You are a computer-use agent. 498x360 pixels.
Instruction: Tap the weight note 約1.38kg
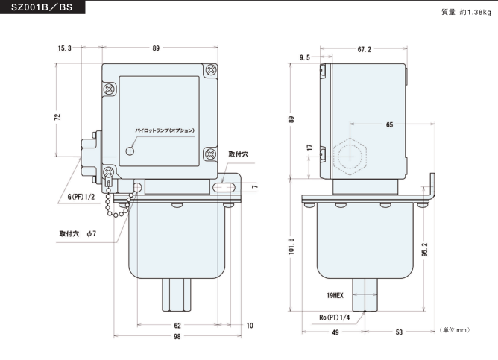pyautogui.click(x=467, y=13)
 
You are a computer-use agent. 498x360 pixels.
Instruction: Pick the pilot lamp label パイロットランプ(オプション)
pyautogui.click(x=164, y=130)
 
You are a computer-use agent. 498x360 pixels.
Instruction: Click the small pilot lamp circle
pyautogui.click(x=130, y=151)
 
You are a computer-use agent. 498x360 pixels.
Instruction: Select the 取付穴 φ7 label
pyautogui.click(x=78, y=233)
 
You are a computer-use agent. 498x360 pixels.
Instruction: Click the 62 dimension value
pyautogui.click(x=177, y=325)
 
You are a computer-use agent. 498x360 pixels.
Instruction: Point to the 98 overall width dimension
pyautogui.click(x=177, y=337)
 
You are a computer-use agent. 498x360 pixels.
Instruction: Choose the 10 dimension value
pyautogui.click(x=249, y=325)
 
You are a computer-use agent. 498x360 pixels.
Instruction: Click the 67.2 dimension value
pyautogui.click(x=365, y=49)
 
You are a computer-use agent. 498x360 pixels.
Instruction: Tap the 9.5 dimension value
pyautogui.click(x=305, y=57)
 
